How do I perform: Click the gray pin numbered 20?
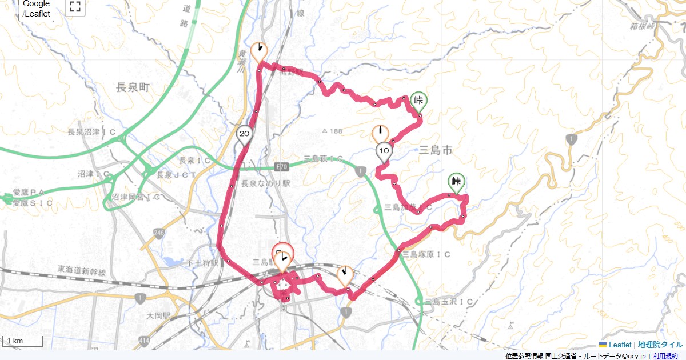[x=244, y=134]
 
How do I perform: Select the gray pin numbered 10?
[x=384, y=151]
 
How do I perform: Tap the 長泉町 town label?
[x=133, y=87]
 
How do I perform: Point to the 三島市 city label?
[x=436, y=150]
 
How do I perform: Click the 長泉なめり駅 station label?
[x=266, y=184]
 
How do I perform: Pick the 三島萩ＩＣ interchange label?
[x=323, y=158]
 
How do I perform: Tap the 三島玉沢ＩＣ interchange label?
[x=449, y=301]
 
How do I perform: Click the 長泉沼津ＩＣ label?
[x=92, y=132]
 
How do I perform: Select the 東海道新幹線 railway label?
[x=82, y=269]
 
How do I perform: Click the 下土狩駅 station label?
[x=202, y=263]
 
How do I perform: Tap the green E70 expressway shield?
[x=281, y=167]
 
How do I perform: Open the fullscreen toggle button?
[x=74, y=7]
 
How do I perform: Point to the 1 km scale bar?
[x=22, y=342]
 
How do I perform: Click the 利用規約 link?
[x=665, y=356]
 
